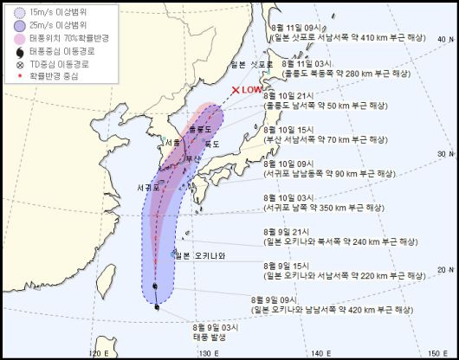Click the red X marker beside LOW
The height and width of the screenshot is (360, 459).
pos(236,89)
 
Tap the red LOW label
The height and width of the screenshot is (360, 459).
pos(252,89)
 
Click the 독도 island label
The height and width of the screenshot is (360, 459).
pos(211,144)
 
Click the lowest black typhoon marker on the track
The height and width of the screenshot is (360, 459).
pos(156,306)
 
